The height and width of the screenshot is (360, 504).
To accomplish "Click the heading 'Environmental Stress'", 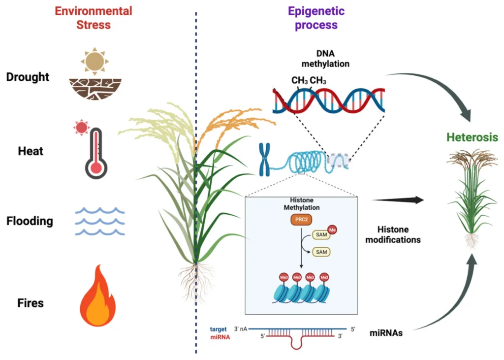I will coord(93,18).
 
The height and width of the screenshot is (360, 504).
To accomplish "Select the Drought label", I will coord(28,77).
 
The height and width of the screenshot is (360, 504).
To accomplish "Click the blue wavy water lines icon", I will coord(99,221).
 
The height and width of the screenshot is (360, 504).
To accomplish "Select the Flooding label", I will coord(30,221).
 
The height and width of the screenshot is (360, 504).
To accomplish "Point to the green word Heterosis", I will coord(472,137).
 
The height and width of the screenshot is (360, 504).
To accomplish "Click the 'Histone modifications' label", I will coord(399,235).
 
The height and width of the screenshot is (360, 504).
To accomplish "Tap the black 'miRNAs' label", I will coord(386,333).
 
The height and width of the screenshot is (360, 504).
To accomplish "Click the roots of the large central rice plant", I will coord(195,281).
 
